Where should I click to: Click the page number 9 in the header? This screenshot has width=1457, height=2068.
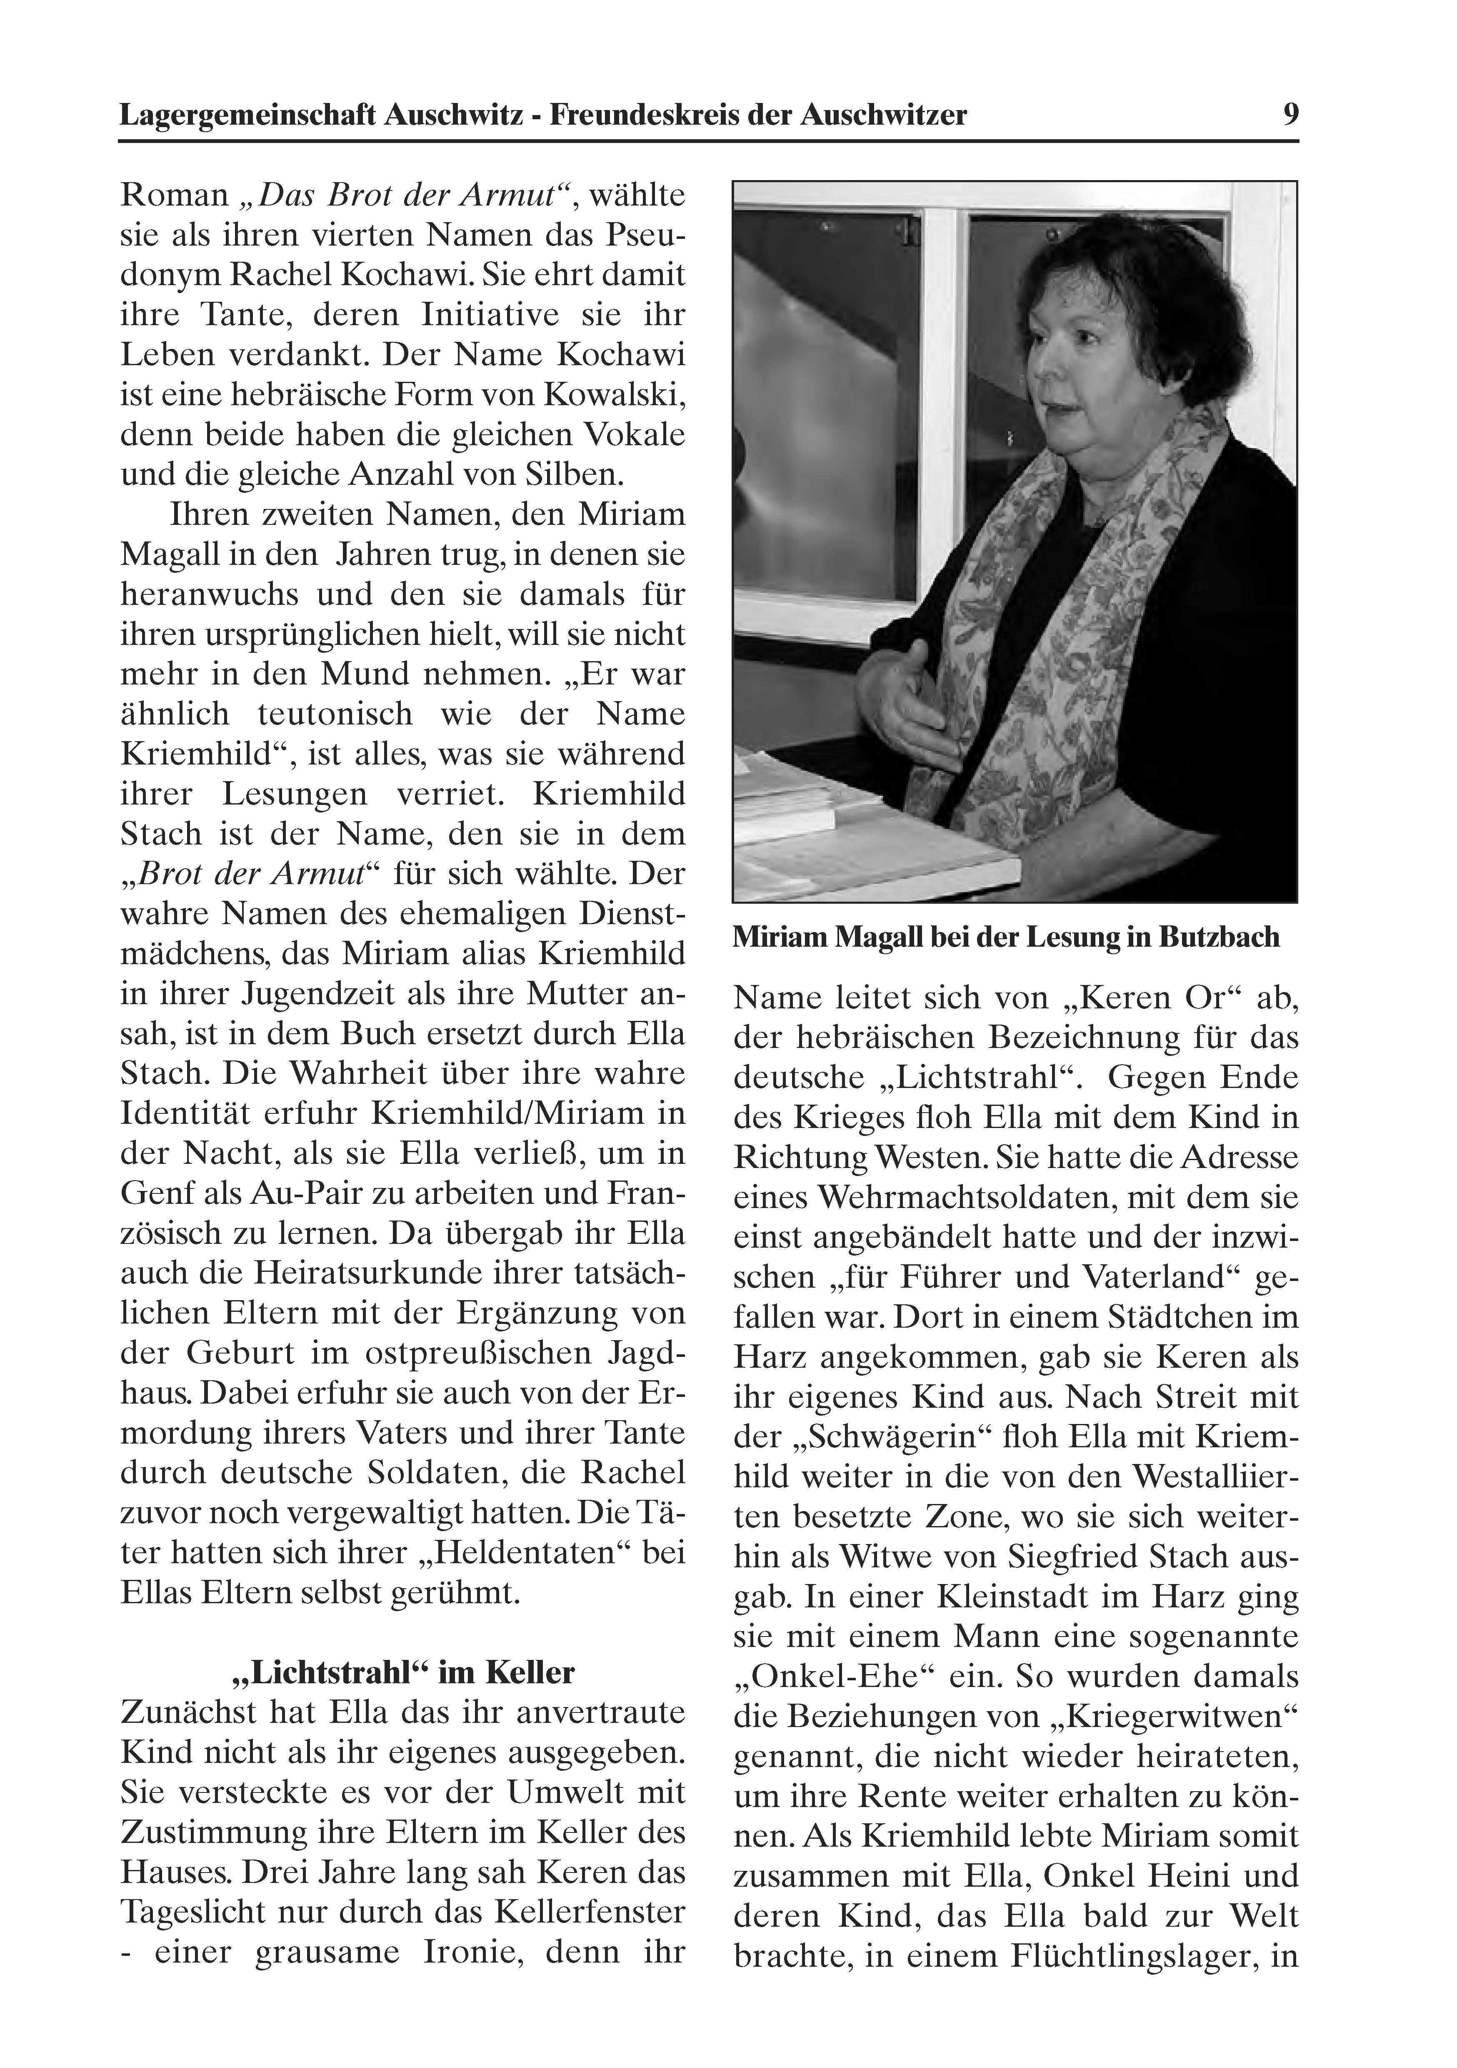[1290, 115]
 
